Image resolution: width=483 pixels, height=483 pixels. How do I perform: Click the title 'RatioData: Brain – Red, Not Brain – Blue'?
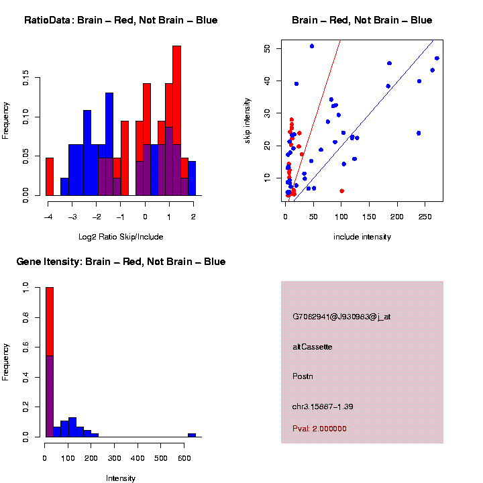(x=121, y=20)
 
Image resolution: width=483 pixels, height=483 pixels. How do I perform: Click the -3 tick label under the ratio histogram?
(x=72, y=217)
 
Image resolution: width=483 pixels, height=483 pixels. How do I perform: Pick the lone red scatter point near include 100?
(x=341, y=191)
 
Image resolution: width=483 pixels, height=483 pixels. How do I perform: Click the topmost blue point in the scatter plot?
(x=312, y=46)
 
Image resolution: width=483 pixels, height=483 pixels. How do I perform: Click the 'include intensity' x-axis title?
(x=362, y=237)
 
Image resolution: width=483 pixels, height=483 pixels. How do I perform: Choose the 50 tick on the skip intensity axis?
(x=268, y=48)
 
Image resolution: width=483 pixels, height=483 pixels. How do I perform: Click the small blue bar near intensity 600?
(x=192, y=435)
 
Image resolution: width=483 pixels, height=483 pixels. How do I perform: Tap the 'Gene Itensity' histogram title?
(x=121, y=262)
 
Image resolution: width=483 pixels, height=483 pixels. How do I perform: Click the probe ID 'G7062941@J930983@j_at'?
(x=341, y=317)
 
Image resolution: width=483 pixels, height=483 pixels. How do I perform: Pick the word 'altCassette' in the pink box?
(x=313, y=347)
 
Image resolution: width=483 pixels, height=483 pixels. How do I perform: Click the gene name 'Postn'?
(x=303, y=376)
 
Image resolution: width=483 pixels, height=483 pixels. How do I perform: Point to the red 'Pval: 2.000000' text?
(x=319, y=429)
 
